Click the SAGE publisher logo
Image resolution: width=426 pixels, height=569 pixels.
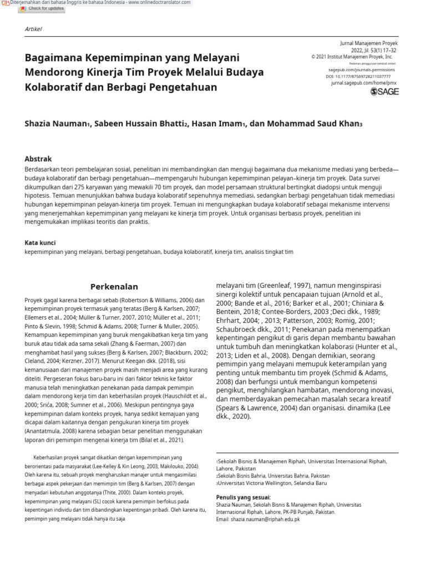[x=384, y=92]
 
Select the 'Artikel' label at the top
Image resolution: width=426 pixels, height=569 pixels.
[x=33, y=29]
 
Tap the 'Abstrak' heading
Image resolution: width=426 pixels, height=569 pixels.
[x=38, y=158]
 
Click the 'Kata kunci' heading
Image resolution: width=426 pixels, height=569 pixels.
[x=40, y=243]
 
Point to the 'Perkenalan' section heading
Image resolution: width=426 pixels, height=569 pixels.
[x=114, y=287]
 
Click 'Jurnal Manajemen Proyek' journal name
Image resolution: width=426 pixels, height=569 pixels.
[x=368, y=43]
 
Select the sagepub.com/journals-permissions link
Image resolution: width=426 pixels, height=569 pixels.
[x=361, y=70]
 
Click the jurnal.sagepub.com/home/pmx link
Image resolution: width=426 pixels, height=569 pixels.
[x=364, y=83]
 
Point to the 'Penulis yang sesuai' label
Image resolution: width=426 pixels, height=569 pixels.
[x=243, y=497]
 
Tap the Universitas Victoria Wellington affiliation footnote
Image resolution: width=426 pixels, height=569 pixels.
[x=273, y=483]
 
